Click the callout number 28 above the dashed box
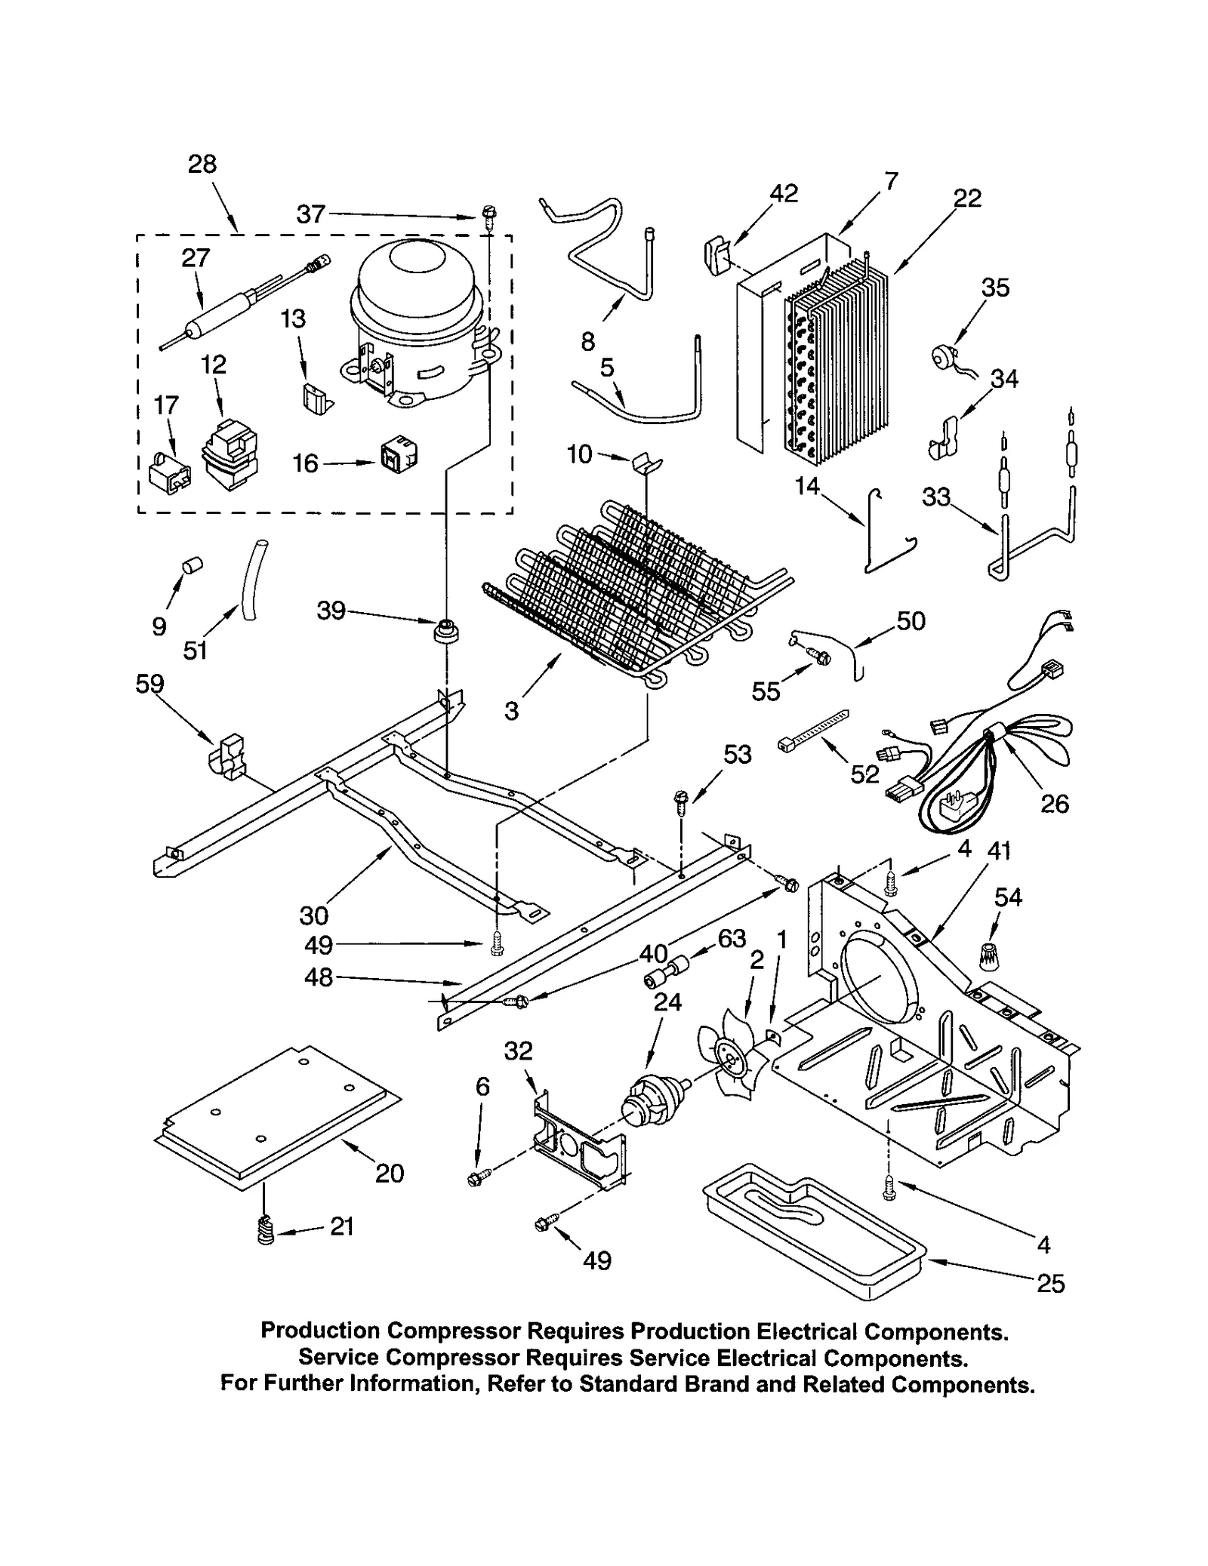click(202, 165)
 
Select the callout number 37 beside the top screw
click(310, 215)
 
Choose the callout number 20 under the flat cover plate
click(390, 1173)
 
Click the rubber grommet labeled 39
click(447, 630)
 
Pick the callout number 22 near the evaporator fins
click(966, 198)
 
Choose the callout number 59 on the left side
click(149, 684)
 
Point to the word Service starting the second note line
click(338, 1358)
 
